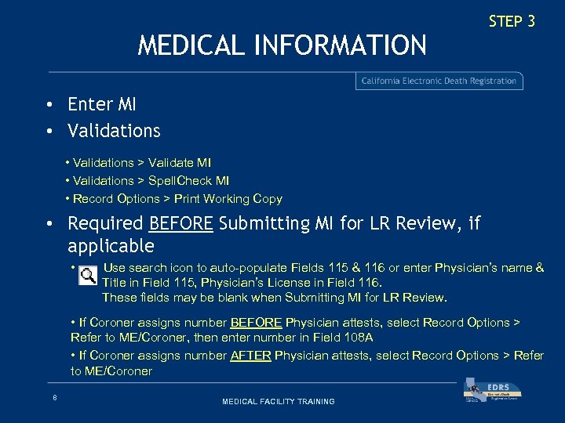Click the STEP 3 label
[512, 22]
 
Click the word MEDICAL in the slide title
[192, 45]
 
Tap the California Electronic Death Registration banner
[439, 81]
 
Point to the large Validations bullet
[114, 131]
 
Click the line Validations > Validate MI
[141, 163]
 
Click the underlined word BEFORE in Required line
[180, 223]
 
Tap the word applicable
[111, 246]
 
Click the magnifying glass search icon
[88, 274]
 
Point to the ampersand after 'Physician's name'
[539, 268]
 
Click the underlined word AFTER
[250, 356]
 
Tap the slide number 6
[54, 398]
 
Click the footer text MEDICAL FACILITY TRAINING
[279, 401]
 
